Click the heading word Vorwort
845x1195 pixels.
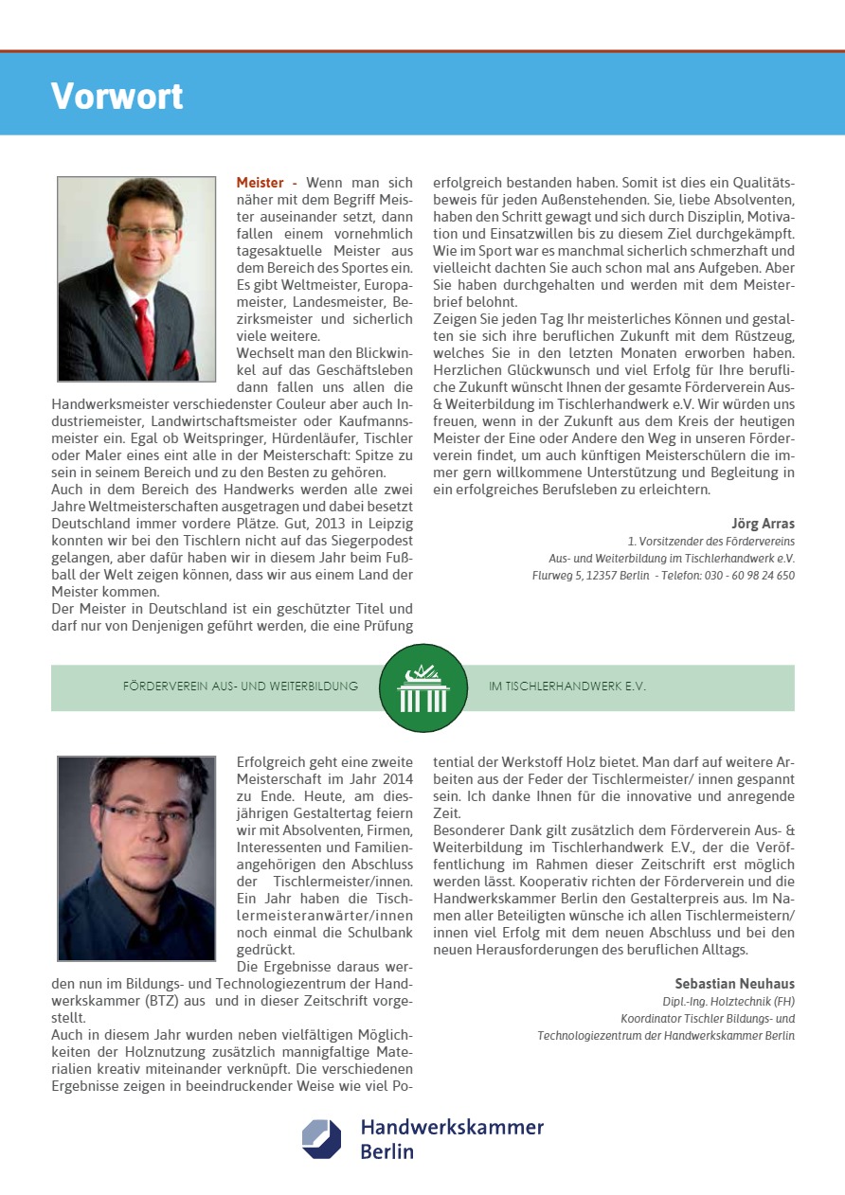coord(117,96)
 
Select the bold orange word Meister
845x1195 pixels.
coord(260,182)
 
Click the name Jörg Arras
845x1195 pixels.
coord(763,524)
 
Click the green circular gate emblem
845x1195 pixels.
coord(422,687)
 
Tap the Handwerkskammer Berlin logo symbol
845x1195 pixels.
coord(321,1139)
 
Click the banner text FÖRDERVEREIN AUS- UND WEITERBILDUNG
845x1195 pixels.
coord(241,687)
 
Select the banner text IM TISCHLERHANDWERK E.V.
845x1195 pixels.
coord(567,687)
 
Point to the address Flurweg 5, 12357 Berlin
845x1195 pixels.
coord(590,575)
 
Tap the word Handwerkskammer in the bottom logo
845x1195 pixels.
coord(452,1127)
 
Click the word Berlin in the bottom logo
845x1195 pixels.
coord(387,1152)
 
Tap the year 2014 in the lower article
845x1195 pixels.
coord(395,778)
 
